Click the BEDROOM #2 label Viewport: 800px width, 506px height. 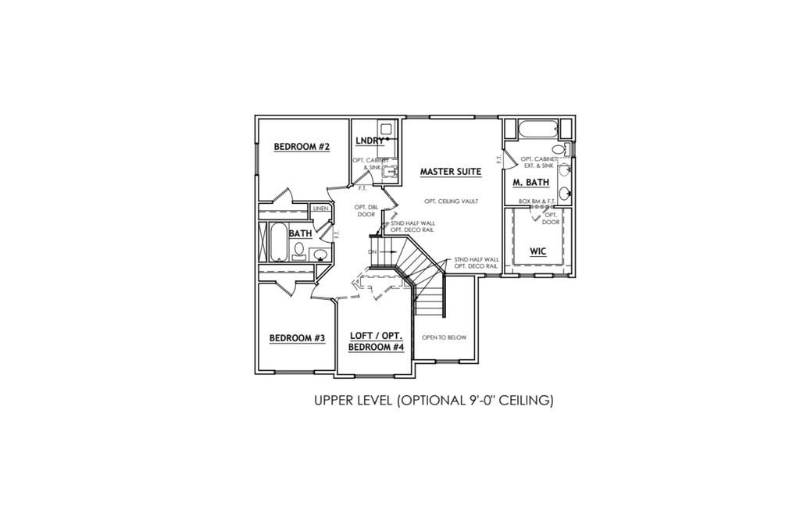(302, 147)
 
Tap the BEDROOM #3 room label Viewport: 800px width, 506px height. (297, 338)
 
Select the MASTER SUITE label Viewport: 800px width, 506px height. (451, 172)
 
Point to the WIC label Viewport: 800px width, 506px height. (537, 251)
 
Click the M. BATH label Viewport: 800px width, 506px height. (530, 182)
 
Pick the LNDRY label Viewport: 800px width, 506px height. (370, 141)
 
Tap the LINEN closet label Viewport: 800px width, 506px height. (320, 208)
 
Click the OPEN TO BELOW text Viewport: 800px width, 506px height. (444, 337)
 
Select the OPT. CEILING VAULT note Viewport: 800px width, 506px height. (451, 201)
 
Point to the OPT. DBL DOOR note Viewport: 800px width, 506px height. (366, 211)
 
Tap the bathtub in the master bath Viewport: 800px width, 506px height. (537, 129)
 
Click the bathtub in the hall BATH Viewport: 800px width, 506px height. (277, 242)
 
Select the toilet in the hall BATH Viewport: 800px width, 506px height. (299, 251)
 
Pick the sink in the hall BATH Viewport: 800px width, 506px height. (320, 254)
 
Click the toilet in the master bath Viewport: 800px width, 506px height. (562, 149)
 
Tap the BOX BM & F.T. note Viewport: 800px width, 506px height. (537, 201)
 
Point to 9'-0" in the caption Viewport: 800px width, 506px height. (481, 401)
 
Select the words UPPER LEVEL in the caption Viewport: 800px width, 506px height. (353, 401)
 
